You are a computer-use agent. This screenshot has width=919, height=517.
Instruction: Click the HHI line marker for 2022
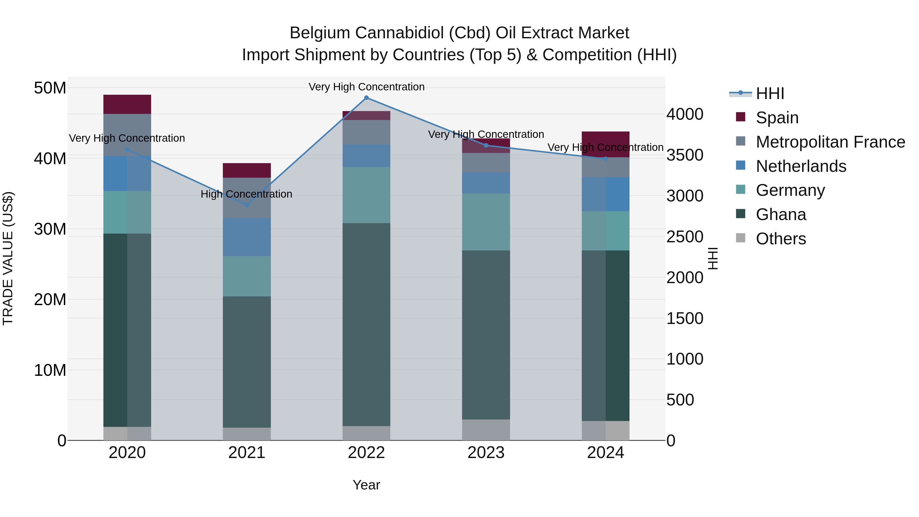(x=366, y=98)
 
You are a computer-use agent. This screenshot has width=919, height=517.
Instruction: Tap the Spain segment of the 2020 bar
(x=127, y=104)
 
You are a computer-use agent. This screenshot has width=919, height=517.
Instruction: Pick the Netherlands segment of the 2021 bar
(x=247, y=237)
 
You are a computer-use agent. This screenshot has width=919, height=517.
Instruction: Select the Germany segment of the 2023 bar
(x=486, y=222)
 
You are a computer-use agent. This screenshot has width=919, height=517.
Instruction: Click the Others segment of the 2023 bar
(x=486, y=430)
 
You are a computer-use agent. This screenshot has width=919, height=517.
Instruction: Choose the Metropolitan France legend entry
(x=830, y=142)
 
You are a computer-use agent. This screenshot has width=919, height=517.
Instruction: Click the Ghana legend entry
(x=781, y=214)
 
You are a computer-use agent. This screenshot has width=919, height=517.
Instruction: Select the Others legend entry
(x=781, y=239)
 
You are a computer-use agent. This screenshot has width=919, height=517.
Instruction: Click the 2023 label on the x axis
(x=486, y=453)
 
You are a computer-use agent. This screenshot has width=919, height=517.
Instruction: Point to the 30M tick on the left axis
(x=50, y=229)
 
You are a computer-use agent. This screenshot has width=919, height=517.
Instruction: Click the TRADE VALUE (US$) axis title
(x=8, y=258)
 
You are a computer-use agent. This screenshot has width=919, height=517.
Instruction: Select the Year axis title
(x=366, y=485)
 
